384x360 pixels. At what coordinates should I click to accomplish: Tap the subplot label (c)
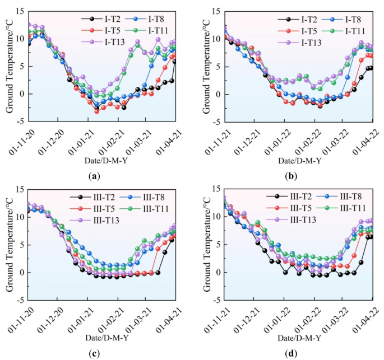point(94,354)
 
